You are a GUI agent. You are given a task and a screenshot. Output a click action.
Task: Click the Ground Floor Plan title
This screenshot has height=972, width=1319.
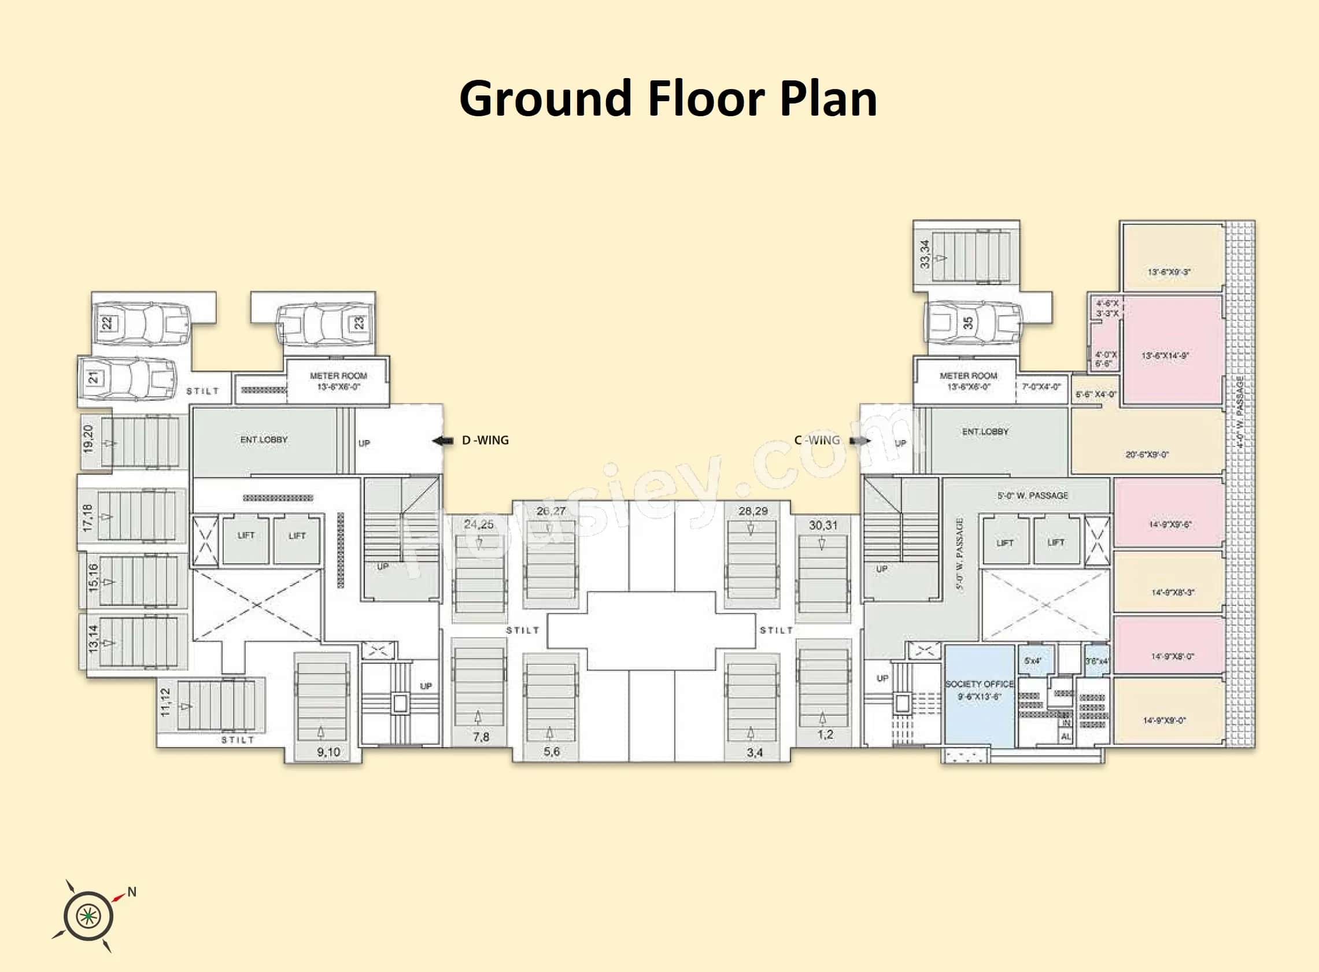point(668,99)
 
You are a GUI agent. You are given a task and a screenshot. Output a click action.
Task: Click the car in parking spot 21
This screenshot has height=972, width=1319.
point(128,377)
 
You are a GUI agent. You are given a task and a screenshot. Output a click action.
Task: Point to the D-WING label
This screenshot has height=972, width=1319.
point(485,440)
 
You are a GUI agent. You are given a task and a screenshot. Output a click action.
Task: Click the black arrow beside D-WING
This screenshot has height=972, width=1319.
point(442,441)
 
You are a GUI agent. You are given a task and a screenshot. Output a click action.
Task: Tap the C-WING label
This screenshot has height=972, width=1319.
point(816,440)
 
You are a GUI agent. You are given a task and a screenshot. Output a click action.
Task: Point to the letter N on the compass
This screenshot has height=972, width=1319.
point(132,892)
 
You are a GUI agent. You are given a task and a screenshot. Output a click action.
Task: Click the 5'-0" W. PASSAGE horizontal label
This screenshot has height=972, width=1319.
point(1033,496)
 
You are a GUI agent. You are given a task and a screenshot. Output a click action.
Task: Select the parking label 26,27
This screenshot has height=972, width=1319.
point(550,511)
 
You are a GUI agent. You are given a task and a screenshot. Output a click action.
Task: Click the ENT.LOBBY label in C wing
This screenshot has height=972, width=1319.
point(985,431)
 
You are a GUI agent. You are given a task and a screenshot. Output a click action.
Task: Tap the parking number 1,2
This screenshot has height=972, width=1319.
point(825,734)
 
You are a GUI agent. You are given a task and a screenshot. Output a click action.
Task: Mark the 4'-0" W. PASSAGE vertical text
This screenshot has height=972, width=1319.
point(1240,412)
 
